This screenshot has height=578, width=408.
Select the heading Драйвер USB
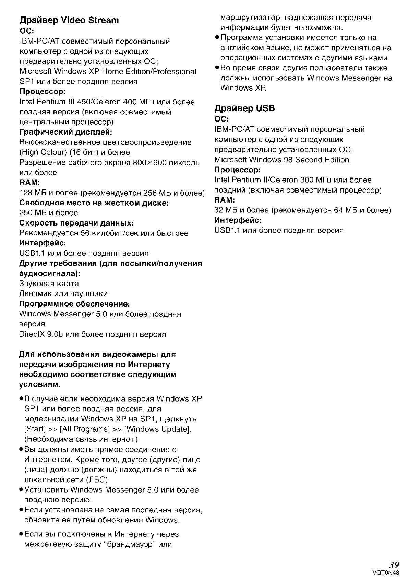click(x=244, y=108)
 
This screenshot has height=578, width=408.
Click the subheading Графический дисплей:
click(x=66, y=132)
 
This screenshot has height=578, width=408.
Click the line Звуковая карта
click(x=49, y=284)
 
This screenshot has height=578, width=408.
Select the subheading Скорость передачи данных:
click(x=76, y=223)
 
